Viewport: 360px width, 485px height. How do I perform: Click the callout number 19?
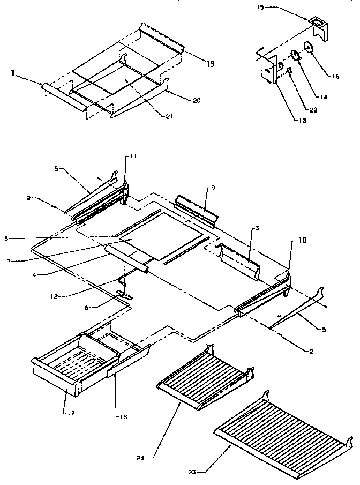coord(210,64)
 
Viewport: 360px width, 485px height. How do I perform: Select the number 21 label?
coord(157,114)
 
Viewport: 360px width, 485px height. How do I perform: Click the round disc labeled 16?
coord(309,48)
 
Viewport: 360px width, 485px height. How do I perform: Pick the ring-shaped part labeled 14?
coord(295,56)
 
